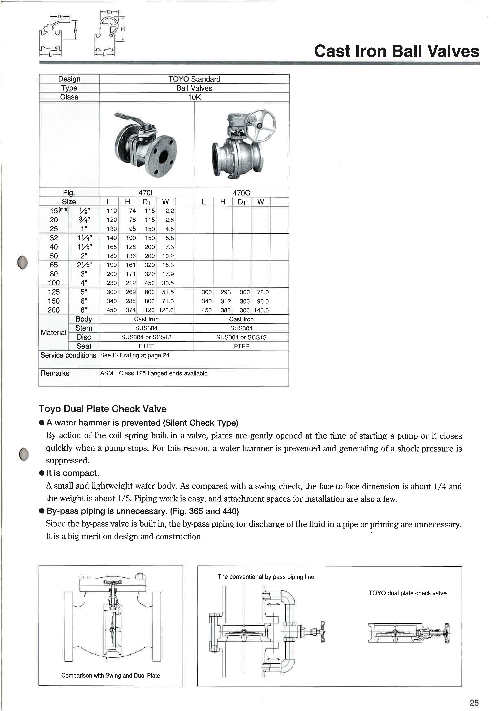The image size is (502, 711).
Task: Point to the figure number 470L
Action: click(x=146, y=193)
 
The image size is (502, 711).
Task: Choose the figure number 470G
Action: click(x=241, y=193)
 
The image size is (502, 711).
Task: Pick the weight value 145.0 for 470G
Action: click(x=261, y=310)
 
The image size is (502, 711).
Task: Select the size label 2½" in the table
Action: click(x=84, y=265)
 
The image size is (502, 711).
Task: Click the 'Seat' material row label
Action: click(x=84, y=346)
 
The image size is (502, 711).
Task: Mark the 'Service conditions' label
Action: click(x=68, y=355)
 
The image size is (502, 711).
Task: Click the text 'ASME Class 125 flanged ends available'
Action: click(x=154, y=373)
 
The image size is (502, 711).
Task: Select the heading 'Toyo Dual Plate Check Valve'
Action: click(x=102, y=409)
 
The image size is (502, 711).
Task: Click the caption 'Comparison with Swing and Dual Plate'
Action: click(x=110, y=675)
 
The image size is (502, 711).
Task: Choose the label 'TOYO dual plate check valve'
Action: click(x=407, y=593)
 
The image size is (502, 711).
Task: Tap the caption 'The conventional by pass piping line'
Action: click(x=265, y=577)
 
